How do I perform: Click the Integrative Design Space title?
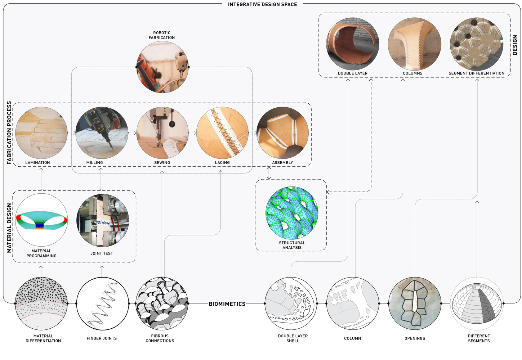(262, 4)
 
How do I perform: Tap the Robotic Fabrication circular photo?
(162, 67)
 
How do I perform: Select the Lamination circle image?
(41, 133)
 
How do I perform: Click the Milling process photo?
(102, 133)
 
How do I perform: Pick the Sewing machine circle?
(162, 133)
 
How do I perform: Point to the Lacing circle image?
(223, 133)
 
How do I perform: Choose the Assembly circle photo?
(283, 133)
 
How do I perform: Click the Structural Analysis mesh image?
(292, 213)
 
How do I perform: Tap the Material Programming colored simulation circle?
(41, 220)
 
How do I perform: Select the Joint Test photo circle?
(103, 221)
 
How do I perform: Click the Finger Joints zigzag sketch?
(103, 303)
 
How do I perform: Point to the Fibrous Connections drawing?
(162, 303)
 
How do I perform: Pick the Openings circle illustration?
(415, 303)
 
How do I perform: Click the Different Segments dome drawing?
(477, 303)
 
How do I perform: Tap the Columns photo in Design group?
(414, 44)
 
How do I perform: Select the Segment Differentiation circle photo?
(476, 44)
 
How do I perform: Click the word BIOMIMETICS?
(227, 304)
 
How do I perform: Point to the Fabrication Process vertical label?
(9, 133)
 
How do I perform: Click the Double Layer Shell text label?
(293, 338)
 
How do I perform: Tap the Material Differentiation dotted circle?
(41, 303)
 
